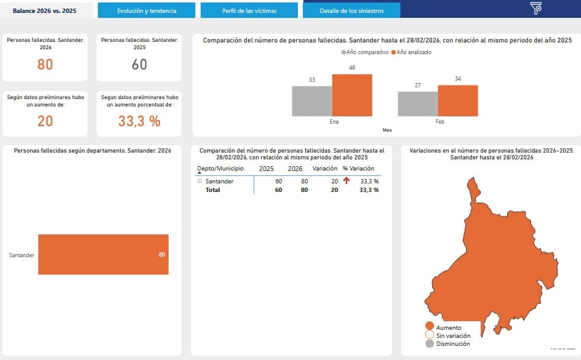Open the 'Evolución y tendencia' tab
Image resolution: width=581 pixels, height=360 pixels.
tap(146, 10)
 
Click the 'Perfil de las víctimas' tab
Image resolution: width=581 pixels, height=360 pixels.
tap(249, 10)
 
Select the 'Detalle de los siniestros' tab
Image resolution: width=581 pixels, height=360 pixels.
tap(351, 10)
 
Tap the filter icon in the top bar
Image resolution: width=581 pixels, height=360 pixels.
tap(535, 8)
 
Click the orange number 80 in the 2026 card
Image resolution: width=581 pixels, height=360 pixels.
tap(45, 64)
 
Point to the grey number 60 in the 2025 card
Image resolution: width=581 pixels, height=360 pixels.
tap(140, 64)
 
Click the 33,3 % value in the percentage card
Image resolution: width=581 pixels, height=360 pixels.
tap(139, 121)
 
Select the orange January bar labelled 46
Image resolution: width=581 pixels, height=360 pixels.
tap(352, 95)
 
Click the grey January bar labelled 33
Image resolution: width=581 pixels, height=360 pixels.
tap(311, 101)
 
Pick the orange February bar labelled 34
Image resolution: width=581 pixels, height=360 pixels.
tap(457, 100)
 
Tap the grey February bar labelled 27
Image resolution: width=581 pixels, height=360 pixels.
tap(417, 104)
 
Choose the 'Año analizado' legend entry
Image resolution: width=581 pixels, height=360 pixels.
tap(414, 52)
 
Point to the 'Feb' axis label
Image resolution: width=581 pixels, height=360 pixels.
tap(439, 122)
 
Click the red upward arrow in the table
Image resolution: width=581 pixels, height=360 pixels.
tap(347, 181)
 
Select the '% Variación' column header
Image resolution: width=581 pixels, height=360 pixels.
tap(358, 169)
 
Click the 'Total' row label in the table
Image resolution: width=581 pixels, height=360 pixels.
tap(212, 190)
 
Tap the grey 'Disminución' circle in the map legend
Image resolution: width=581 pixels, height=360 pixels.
tap(430, 343)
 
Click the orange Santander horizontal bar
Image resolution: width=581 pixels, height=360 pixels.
tap(103, 254)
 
